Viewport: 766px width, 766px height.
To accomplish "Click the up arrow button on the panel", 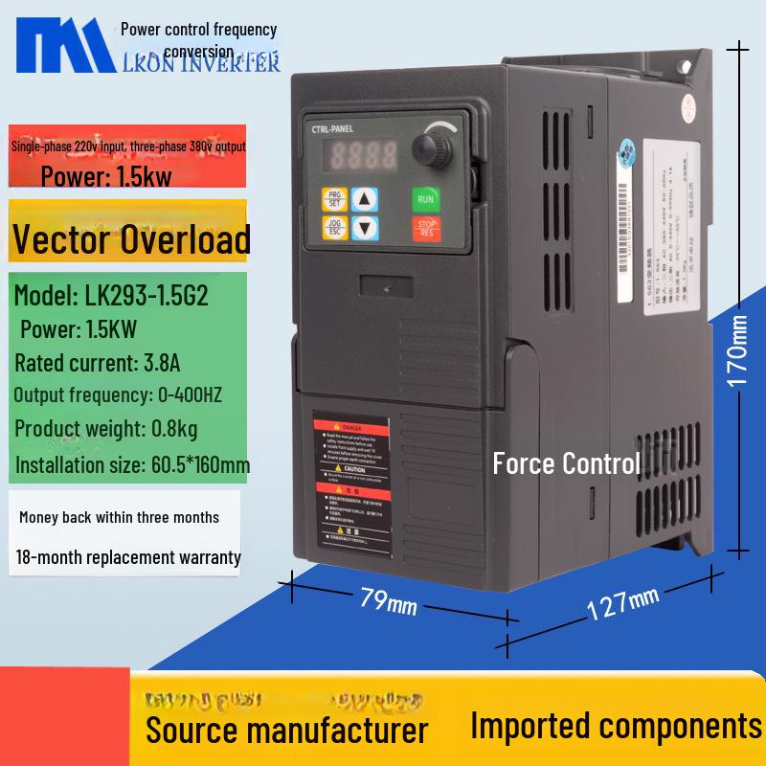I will click(x=365, y=199).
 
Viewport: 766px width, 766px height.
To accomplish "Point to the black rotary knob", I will click(x=425, y=148).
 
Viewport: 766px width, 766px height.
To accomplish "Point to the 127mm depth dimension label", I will click(x=623, y=601).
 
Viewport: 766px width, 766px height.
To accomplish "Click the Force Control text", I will click(x=566, y=464).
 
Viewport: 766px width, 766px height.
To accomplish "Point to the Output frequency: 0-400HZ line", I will click(x=119, y=395).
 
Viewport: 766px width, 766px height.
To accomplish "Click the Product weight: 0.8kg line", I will click(x=106, y=429).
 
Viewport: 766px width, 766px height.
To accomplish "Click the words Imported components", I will click(x=616, y=726).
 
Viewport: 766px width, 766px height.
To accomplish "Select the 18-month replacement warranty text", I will click(x=128, y=557).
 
